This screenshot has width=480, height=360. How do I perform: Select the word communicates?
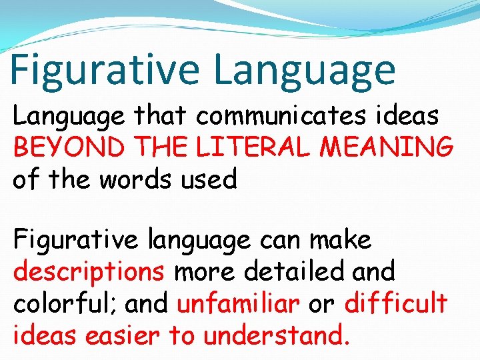[281, 116]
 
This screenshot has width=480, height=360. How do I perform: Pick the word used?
[206, 179]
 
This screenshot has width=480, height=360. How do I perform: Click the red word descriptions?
[89, 272]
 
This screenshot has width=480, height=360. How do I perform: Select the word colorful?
[61, 303]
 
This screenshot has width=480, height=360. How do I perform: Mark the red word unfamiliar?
[238, 303]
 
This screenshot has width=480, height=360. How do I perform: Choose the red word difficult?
[396, 303]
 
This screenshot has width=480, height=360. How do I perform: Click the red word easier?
[123, 335]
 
